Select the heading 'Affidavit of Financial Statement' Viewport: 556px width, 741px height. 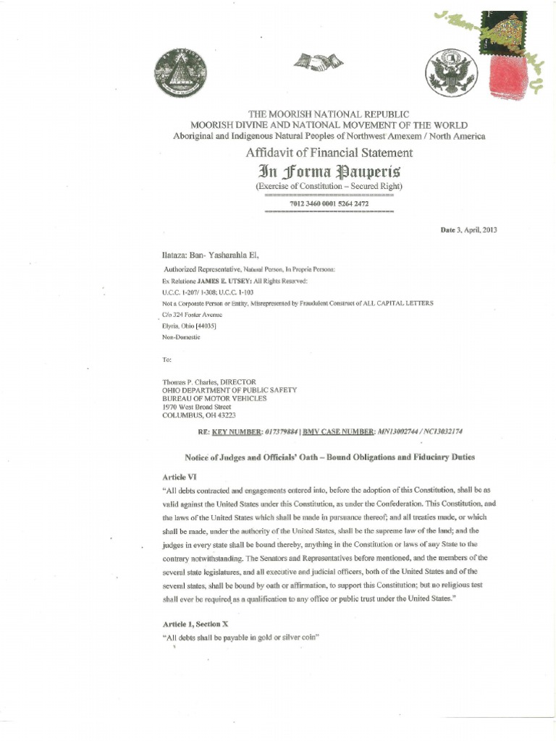[329, 153]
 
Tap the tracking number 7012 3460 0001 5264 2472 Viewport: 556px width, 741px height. [329, 204]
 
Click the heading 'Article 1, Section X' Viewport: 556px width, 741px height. [205, 622]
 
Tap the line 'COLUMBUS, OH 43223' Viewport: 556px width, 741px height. [198, 415]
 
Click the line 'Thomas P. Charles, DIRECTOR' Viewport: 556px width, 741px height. [209, 381]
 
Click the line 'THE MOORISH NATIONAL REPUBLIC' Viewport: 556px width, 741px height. [329, 114]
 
